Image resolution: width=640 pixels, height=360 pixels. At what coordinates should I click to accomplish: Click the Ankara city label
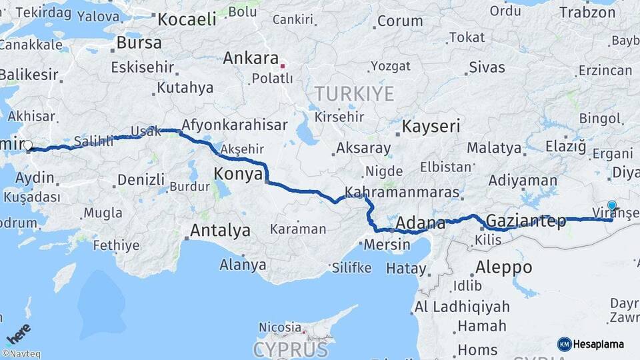point(250,58)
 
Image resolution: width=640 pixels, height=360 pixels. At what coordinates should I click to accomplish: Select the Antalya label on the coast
point(220,231)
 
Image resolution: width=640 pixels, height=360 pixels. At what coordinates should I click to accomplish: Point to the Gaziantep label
point(526,220)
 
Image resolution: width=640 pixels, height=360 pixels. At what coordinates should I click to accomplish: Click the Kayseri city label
point(431,126)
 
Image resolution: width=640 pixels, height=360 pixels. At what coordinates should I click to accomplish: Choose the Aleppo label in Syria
point(503,267)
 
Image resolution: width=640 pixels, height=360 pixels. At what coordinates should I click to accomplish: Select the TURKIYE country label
point(354,93)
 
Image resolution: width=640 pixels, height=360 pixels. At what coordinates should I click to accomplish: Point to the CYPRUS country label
point(291,349)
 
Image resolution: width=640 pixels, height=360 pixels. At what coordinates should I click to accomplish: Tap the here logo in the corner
point(17,331)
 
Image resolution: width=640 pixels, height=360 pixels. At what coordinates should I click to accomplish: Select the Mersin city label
point(387,245)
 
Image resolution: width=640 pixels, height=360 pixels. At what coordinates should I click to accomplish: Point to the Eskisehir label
point(143,67)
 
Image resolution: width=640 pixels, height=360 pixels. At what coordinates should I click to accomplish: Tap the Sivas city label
point(487,67)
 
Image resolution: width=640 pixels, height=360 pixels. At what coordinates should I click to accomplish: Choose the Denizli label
point(141,179)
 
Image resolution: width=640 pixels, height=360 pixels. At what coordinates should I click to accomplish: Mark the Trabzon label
point(587,12)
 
